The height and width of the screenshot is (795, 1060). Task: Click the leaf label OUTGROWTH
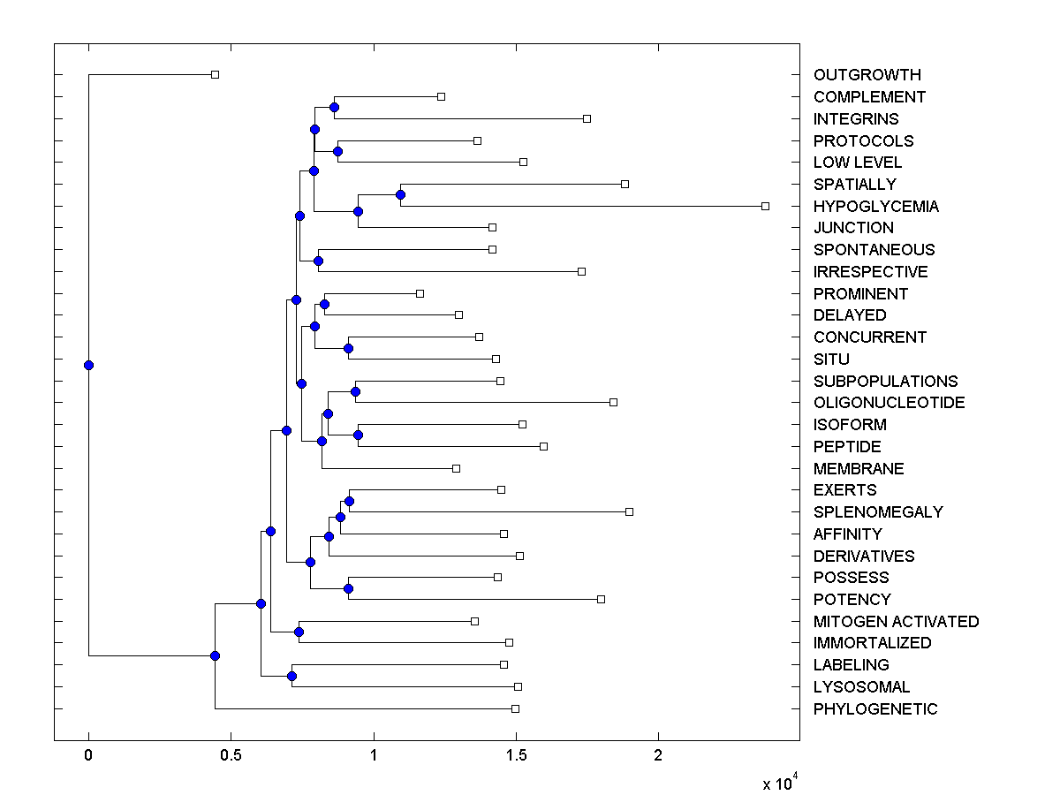(867, 75)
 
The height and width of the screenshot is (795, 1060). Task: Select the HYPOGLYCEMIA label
(876, 207)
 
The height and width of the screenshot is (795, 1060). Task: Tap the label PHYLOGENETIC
(875, 709)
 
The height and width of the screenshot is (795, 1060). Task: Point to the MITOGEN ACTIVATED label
(896, 622)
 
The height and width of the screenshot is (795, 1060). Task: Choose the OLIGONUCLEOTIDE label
(889, 403)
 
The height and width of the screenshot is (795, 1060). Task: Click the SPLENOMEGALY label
(878, 512)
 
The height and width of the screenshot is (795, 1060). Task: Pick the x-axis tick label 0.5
(231, 756)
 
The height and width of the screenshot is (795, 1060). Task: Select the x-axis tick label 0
(88, 756)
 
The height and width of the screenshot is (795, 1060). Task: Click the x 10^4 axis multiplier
(781, 783)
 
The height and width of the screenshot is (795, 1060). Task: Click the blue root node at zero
(88, 365)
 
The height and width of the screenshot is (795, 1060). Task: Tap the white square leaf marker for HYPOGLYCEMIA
(765, 206)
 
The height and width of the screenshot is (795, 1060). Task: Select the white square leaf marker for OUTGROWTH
(215, 74)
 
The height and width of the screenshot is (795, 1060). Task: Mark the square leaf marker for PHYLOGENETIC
(515, 708)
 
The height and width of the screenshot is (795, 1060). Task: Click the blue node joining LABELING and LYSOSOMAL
(291, 676)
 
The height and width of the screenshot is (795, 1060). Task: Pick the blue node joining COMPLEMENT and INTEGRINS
(334, 108)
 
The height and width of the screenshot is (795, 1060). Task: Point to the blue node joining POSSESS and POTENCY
(348, 588)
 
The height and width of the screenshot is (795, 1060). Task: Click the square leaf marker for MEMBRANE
(456, 468)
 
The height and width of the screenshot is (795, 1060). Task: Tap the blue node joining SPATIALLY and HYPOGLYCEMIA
(400, 194)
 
